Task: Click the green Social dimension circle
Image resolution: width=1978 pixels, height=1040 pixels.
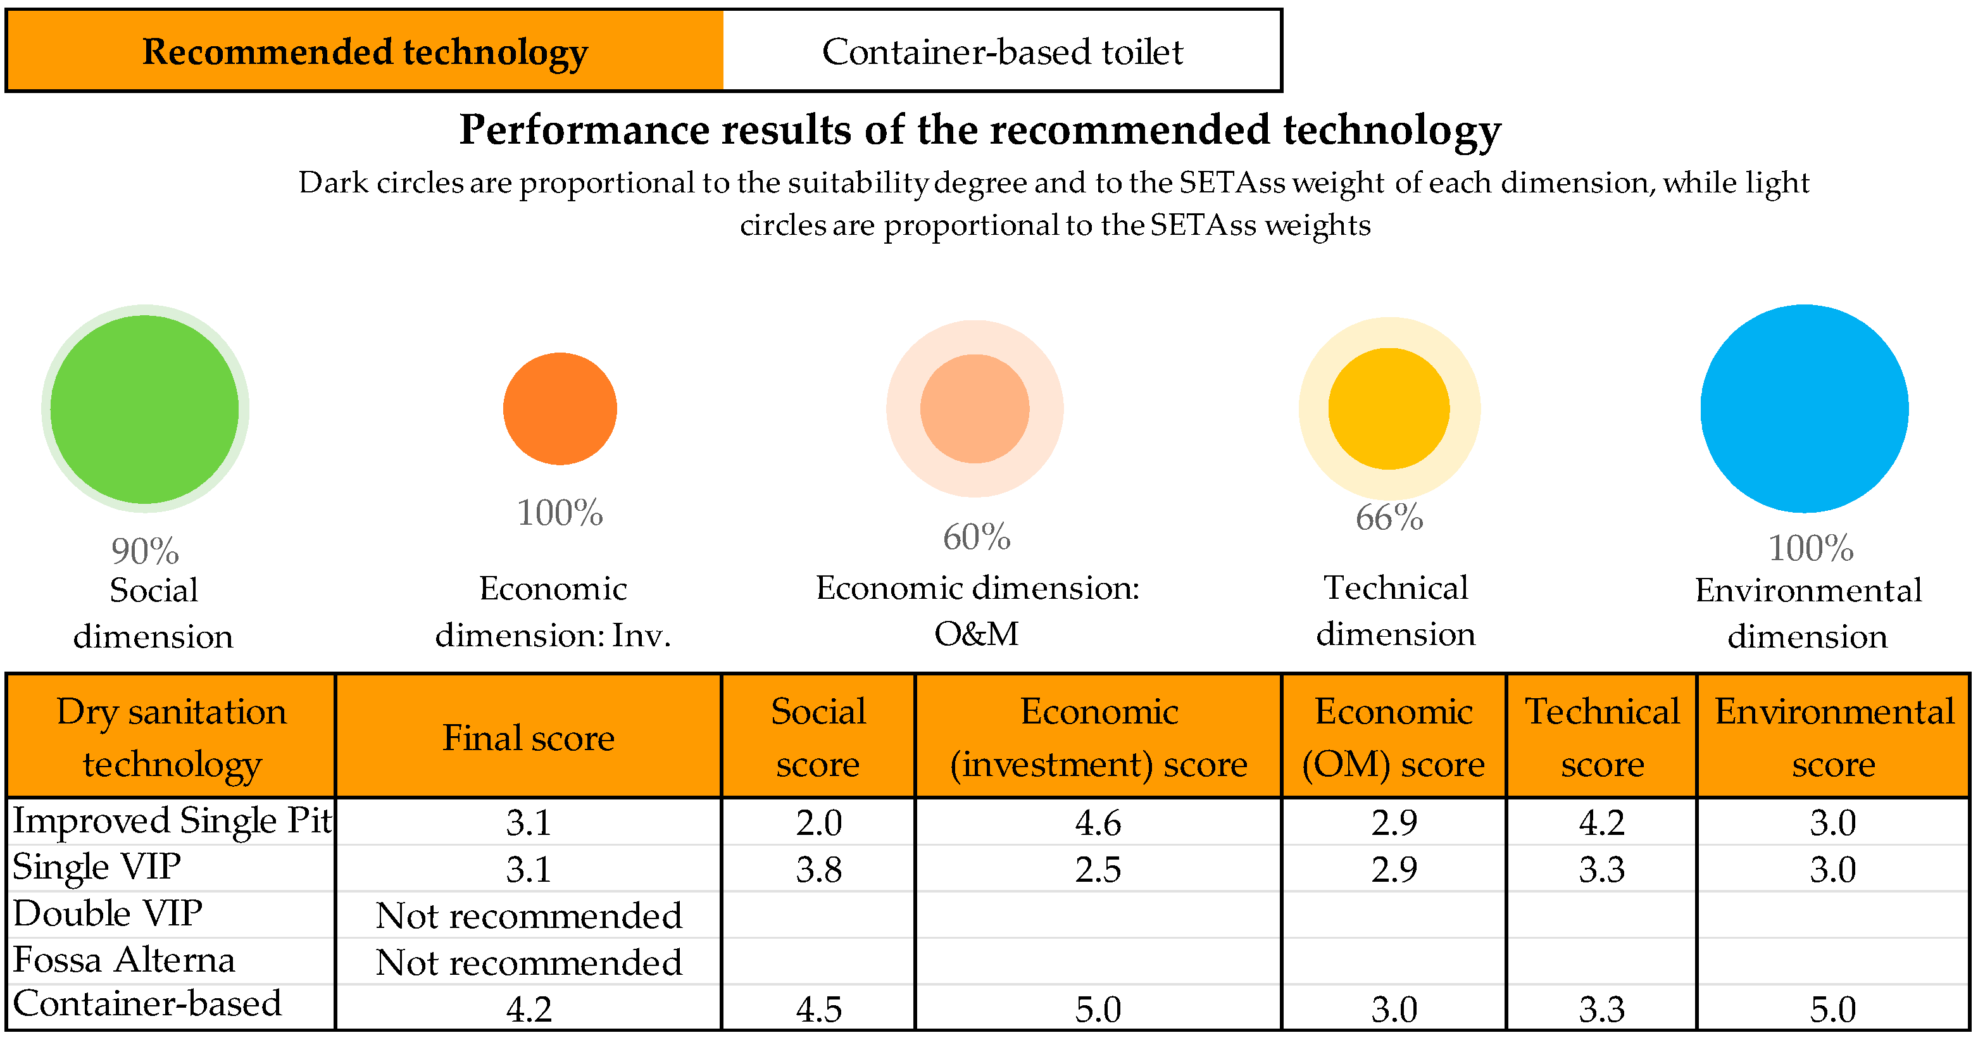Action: [x=144, y=409]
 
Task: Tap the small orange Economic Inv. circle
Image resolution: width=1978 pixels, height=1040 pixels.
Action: [x=560, y=409]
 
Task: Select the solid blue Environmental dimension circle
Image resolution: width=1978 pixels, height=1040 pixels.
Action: [x=1804, y=409]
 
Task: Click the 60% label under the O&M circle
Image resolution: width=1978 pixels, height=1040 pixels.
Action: [x=976, y=537]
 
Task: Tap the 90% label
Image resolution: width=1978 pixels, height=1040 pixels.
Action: [x=144, y=551]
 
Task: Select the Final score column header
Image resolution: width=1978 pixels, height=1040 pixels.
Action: [x=529, y=737]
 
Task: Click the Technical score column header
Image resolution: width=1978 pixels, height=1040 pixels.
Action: [x=1602, y=737]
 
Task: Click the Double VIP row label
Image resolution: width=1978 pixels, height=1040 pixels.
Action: [x=108, y=914]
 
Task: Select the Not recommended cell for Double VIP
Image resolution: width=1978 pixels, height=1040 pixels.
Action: [x=529, y=915]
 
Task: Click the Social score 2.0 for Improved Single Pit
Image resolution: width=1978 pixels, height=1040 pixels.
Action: [x=818, y=823]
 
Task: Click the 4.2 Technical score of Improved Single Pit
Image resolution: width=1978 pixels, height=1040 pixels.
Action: [x=1602, y=823]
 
